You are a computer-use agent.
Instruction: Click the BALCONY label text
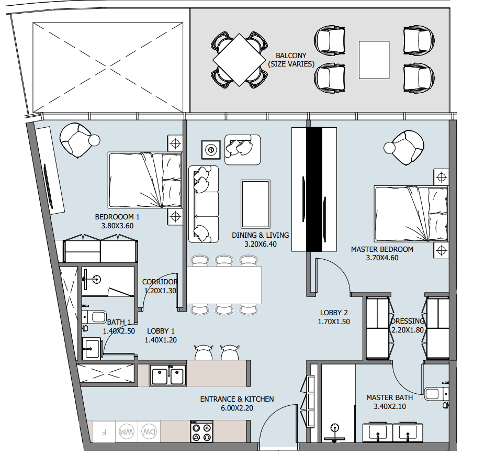pos(291,56)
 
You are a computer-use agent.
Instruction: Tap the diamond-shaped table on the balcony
pos(239,60)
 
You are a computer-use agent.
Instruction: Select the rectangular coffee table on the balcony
pos(374,60)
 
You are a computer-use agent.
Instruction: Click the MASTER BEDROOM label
pos(382,249)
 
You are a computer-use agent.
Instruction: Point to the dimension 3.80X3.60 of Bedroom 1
pos(117,226)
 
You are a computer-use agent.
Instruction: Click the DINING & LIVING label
pos(261,235)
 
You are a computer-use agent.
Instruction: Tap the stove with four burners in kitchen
pos(201,431)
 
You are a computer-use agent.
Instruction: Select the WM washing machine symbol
pos(127,431)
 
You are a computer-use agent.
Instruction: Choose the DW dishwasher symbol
pos(149,431)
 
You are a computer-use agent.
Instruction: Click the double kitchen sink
pos(167,375)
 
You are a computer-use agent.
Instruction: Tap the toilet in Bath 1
pos(94,317)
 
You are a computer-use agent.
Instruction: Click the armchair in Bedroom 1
pos(78,140)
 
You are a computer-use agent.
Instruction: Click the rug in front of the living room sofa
pos(255,204)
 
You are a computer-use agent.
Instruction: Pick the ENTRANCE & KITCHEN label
pos(237,399)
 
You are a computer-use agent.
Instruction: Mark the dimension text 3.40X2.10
pos(390,406)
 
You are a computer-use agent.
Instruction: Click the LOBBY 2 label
pos(334,313)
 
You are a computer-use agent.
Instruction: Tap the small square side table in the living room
pos(211,149)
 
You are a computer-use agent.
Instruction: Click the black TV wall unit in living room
pos(314,190)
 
